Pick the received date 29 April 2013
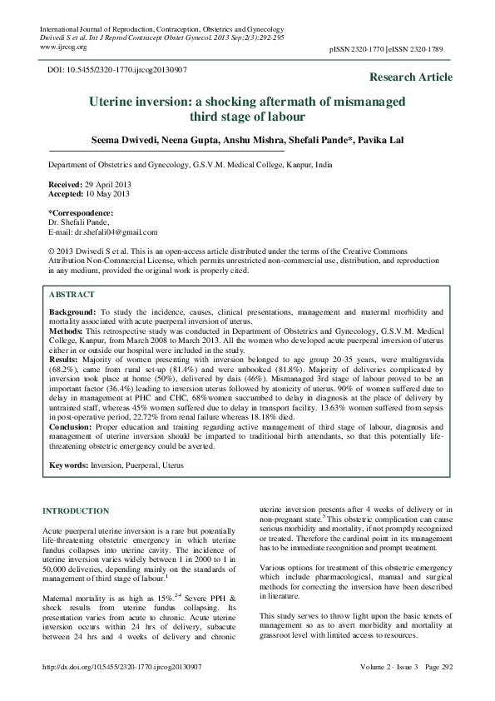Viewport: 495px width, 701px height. (x=106, y=183)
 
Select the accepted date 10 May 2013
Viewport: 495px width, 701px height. (x=106, y=193)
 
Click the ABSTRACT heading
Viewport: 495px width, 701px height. (x=72, y=295)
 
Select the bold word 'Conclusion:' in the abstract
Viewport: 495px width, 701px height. (x=73, y=426)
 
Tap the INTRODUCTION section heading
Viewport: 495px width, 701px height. (x=75, y=510)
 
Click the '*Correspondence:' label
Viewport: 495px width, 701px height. (x=79, y=213)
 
